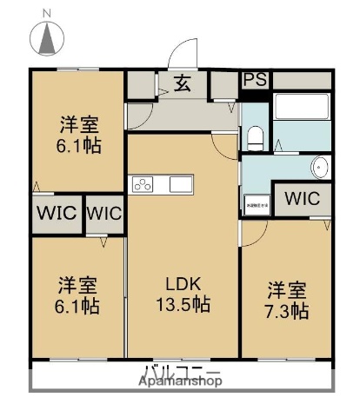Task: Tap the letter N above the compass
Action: [x=47, y=11]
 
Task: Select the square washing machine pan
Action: [x=258, y=199]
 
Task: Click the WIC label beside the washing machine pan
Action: [x=302, y=197]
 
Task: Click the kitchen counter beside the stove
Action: [x=179, y=184]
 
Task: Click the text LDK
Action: [x=183, y=283]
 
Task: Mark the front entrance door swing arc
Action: [x=183, y=54]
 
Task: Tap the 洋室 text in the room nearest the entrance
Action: [x=78, y=123]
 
